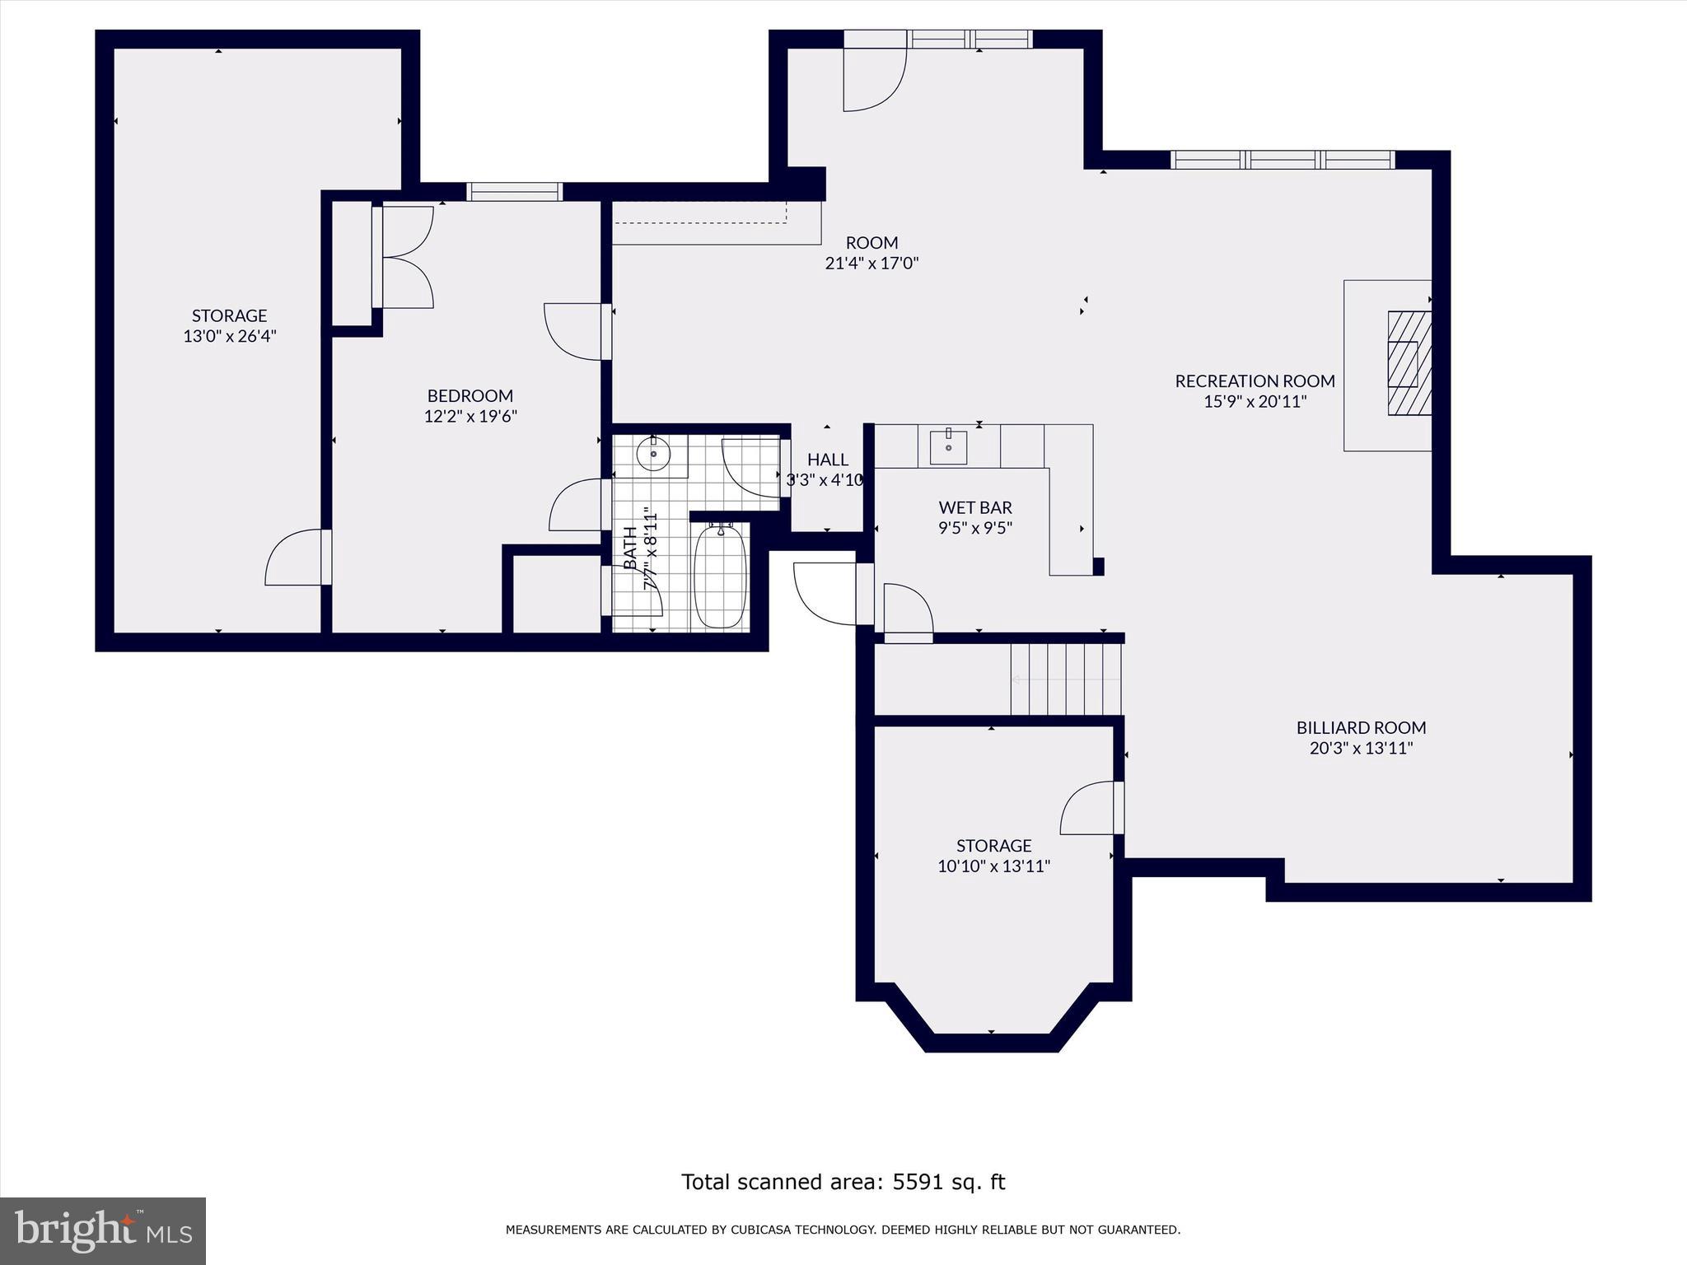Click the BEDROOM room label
click(x=470, y=396)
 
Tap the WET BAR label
click(x=975, y=508)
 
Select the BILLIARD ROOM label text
click(x=1361, y=728)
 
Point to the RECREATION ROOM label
click(x=1255, y=381)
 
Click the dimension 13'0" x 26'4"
click(x=229, y=336)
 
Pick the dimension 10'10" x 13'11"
click(x=993, y=866)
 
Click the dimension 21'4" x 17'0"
click(x=872, y=264)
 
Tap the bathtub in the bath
click(x=721, y=576)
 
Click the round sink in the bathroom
click(x=653, y=454)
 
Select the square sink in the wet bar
click(x=948, y=446)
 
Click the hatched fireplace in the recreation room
click(x=1409, y=362)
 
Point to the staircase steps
click(x=1066, y=679)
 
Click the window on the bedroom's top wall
click(x=514, y=192)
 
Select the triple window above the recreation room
click(x=1282, y=160)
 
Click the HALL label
click(x=827, y=460)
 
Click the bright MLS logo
click(x=103, y=1230)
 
